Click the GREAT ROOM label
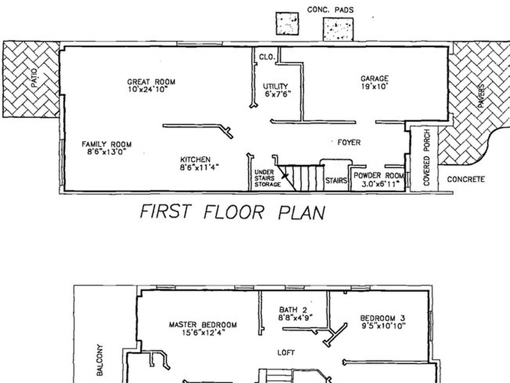click(151, 82)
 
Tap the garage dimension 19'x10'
click(375, 86)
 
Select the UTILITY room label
click(275, 86)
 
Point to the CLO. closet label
click(267, 57)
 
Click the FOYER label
click(349, 142)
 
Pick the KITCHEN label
click(195, 160)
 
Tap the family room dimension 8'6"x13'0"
click(107, 152)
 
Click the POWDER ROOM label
click(379, 176)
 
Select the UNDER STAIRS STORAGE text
click(267, 178)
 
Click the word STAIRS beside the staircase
click(336, 180)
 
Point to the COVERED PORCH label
click(427, 158)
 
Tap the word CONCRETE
click(466, 180)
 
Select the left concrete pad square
click(287, 23)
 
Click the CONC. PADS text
click(330, 10)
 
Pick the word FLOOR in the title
click(234, 212)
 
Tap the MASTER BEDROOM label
click(203, 325)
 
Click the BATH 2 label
click(293, 310)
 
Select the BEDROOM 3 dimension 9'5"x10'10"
click(383, 326)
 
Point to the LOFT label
click(286, 353)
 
